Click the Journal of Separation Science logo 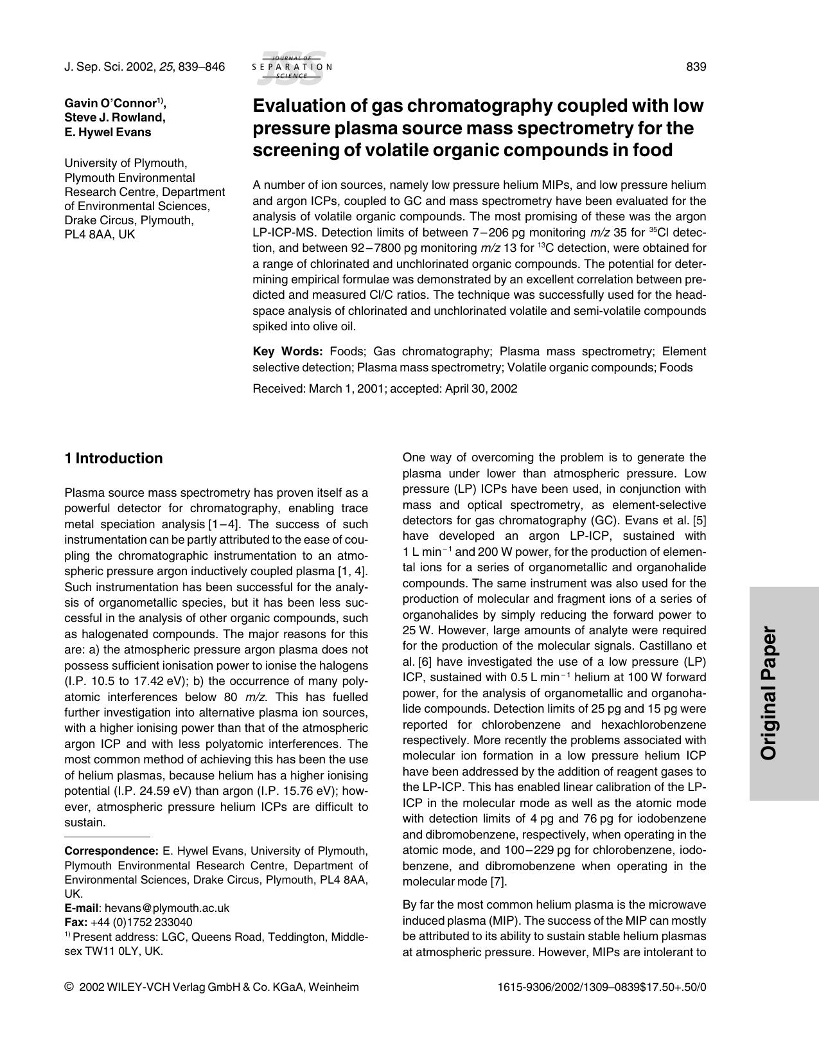292,67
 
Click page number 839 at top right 696,67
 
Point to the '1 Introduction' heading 114,458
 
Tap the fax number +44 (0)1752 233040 141,922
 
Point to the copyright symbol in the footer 69,987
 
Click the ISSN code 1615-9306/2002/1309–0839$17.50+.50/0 601,987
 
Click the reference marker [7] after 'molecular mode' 498,882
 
